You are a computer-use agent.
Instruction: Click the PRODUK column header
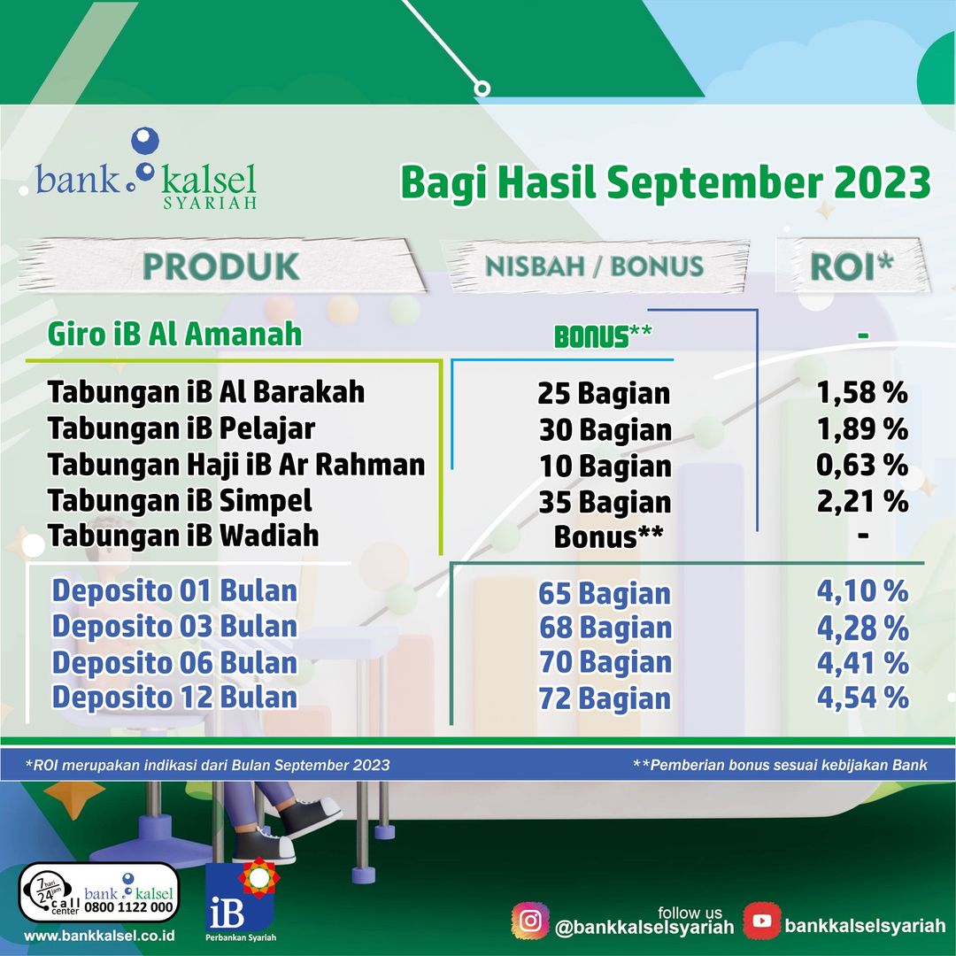[220, 266]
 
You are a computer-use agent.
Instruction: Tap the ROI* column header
[852, 266]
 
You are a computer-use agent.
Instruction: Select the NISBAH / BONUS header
[595, 266]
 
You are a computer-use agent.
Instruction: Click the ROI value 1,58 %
[862, 393]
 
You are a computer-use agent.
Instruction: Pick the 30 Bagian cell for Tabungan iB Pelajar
[605, 430]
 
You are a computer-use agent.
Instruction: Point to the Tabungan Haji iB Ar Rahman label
[236, 465]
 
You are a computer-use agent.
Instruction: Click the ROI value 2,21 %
[862, 501]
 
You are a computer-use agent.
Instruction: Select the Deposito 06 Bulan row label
[174, 663]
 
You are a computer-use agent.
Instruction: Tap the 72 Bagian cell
[605, 698]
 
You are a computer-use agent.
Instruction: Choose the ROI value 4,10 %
[863, 591]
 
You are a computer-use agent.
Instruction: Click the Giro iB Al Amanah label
[174, 334]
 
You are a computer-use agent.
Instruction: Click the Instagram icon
[530, 921]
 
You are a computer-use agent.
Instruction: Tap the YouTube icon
[761, 921]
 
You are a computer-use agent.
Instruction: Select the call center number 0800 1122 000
[128, 907]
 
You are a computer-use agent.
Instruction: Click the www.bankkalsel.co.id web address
[99, 937]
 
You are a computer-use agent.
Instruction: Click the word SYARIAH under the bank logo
[210, 203]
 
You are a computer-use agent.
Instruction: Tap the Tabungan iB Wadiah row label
[183, 536]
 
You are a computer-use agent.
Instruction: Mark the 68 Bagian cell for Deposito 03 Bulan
[605, 628]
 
